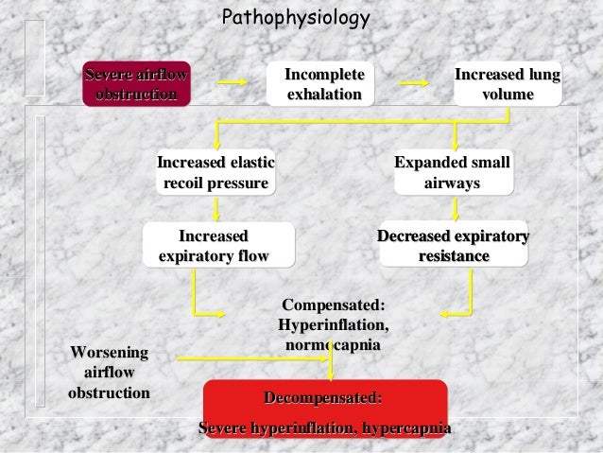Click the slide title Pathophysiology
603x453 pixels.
[x=295, y=18]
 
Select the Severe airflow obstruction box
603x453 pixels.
[x=136, y=84]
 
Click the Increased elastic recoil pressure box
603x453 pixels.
[x=216, y=172]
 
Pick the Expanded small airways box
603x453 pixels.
[x=452, y=172]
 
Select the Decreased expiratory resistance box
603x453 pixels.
[x=453, y=245]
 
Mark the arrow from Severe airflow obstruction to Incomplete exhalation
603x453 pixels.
[x=231, y=82]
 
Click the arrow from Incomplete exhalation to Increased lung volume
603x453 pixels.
[x=413, y=82]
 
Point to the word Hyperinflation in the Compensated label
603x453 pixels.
[x=334, y=325]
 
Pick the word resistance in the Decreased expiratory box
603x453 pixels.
[x=453, y=256]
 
